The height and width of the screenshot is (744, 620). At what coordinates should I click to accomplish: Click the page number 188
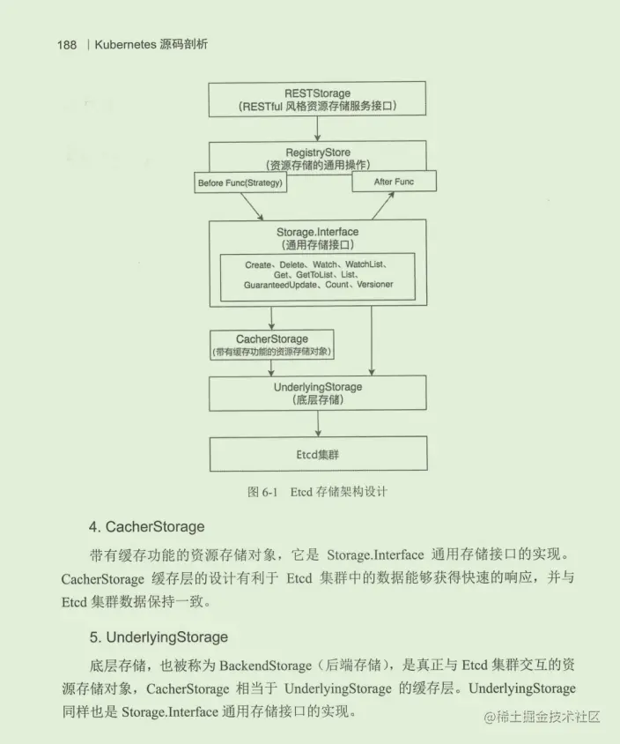67,45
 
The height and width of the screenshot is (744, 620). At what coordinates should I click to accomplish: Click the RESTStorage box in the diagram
317,99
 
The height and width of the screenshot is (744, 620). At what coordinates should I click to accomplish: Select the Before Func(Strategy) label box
240,182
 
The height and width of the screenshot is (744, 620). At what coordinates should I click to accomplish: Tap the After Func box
393,182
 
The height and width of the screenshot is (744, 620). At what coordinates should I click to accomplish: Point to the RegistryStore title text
318,153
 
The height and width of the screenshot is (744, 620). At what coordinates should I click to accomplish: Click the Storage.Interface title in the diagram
317,232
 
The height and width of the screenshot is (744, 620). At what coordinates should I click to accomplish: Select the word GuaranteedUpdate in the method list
277,285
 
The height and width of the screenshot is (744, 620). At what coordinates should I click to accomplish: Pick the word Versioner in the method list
370,285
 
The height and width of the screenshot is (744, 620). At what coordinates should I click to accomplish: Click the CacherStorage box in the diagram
272,345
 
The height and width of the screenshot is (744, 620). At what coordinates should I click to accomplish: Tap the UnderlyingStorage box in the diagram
317,392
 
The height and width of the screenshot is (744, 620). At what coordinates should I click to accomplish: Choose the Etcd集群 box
317,454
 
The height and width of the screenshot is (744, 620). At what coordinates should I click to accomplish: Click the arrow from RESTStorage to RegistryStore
317,129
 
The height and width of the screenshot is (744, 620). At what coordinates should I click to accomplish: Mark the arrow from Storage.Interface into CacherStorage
272,318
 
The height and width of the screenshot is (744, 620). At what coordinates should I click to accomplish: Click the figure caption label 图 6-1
262,492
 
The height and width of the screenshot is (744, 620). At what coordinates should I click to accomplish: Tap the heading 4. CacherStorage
146,527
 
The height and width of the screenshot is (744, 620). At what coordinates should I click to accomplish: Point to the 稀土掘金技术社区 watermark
541,718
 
